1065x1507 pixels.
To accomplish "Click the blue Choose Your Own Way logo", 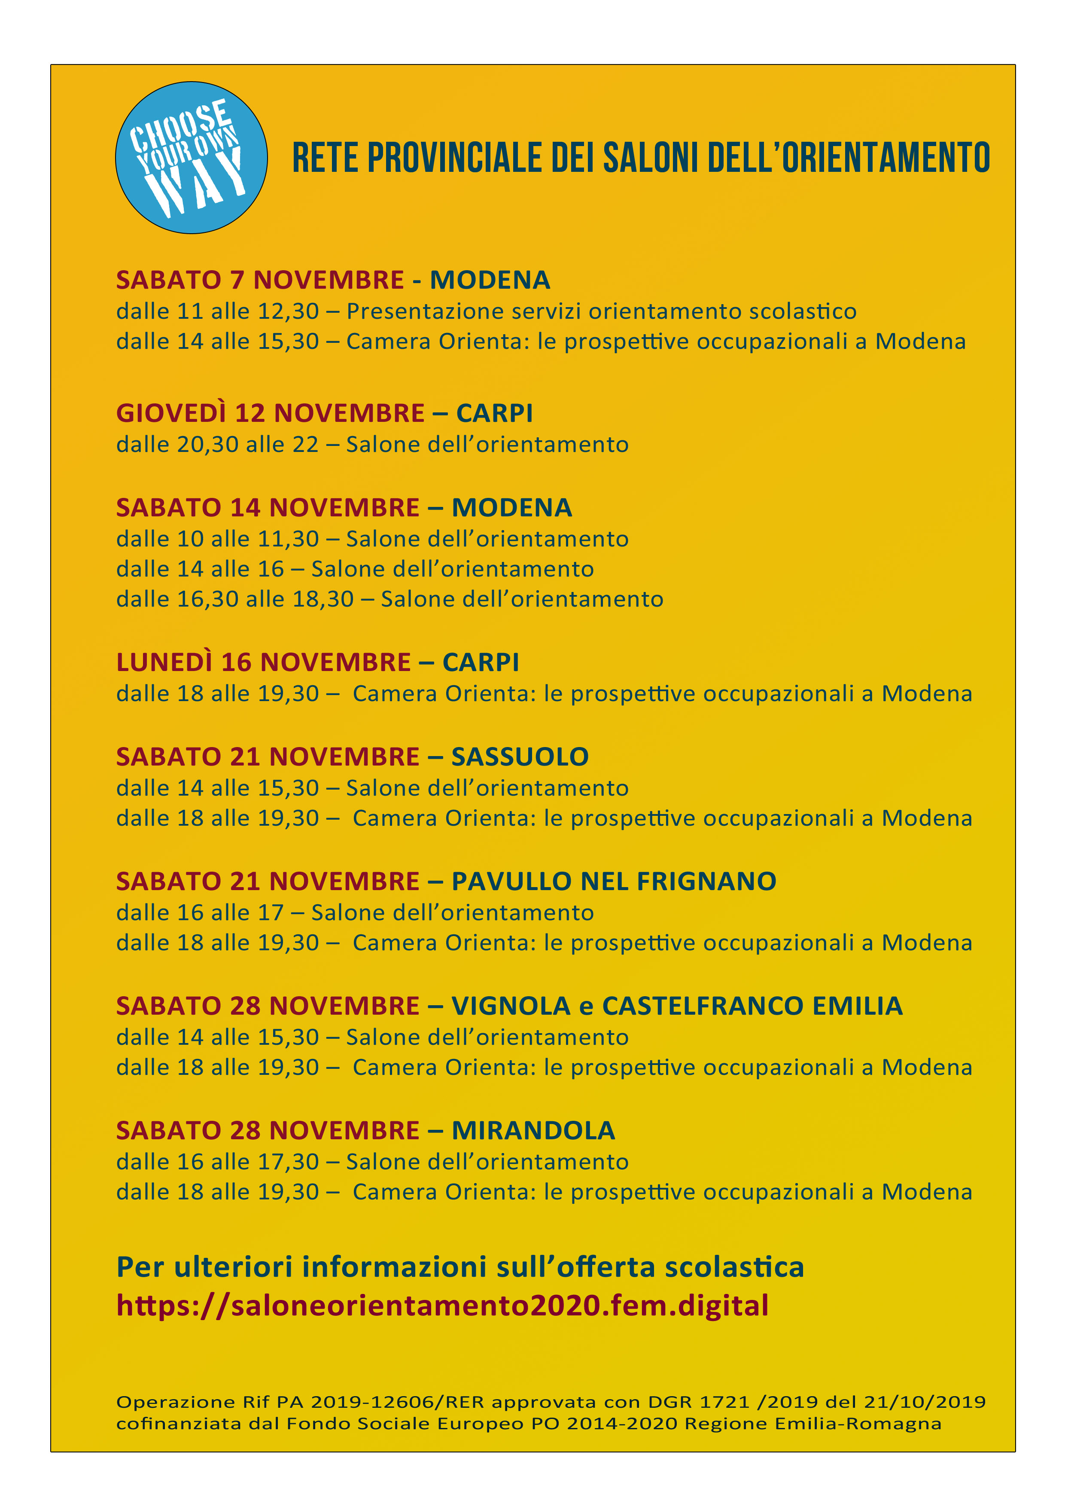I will (191, 158).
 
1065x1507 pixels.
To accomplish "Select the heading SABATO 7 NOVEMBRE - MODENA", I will (333, 280).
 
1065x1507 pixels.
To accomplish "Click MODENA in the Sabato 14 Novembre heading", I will (512, 507).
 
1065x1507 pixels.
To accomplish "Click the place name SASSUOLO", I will (520, 757).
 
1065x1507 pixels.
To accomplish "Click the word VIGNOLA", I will (511, 1006).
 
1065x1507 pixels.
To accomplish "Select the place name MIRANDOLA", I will (533, 1130).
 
